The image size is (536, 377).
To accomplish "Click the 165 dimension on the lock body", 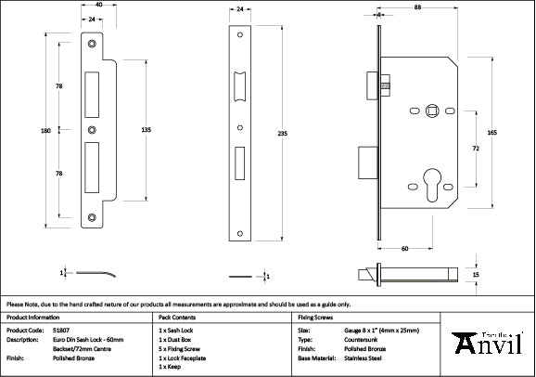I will [492, 134].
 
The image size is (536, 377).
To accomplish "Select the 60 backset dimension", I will [405, 249].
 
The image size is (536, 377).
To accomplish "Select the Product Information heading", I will [32, 317].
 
